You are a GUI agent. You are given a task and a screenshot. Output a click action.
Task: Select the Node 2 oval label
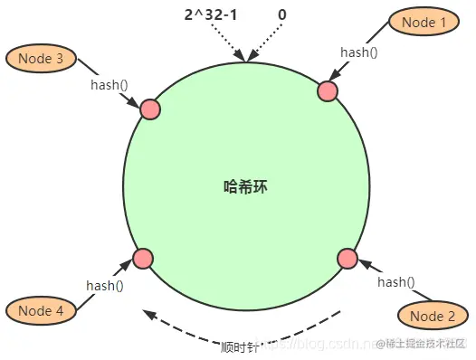(x=433, y=315)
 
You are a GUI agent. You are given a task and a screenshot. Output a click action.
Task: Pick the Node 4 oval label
(x=40, y=310)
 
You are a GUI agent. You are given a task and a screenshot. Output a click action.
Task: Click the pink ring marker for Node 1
(x=328, y=90)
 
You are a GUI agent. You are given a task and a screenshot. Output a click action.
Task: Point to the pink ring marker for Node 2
(x=347, y=259)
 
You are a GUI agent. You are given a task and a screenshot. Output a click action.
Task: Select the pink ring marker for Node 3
(x=150, y=109)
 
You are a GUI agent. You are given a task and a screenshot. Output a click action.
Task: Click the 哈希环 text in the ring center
(x=246, y=187)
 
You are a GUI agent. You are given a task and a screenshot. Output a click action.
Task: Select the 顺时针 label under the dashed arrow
(x=241, y=346)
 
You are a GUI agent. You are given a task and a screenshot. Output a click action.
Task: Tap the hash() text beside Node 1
(x=358, y=52)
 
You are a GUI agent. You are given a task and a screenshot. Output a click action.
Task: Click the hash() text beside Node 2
(x=396, y=282)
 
